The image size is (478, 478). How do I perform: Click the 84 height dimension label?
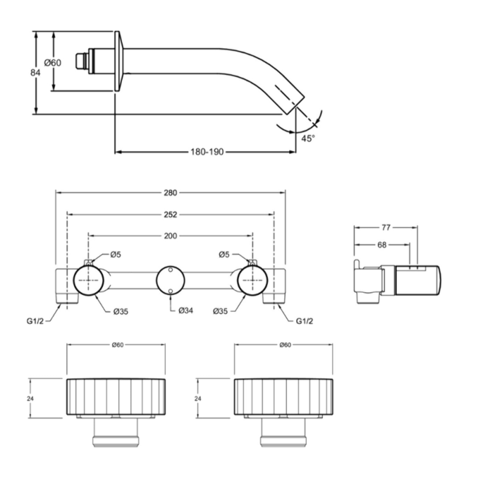(35, 73)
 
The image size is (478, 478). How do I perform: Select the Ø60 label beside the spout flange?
(52, 63)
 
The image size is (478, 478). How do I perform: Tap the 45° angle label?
(308, 138)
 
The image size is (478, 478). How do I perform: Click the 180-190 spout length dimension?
(207, 152)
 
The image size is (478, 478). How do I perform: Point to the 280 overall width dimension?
(170, 193)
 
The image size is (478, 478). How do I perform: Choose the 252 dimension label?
(170, 215)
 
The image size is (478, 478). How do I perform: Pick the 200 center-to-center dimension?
(170, 236)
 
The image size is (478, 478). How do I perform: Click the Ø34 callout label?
(186, 311)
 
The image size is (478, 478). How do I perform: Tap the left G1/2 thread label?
(35, 321)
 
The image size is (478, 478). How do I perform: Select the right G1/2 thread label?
(304, 321)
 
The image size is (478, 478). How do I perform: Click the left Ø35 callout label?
(121, 312)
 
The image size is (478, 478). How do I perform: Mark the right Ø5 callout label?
(224, 255)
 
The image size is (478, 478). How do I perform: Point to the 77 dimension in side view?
(386, 228)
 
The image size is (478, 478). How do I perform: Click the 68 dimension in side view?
(382, 245)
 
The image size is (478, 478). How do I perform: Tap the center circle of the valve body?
(170, 280)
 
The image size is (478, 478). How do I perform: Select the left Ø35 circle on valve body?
(88, 280)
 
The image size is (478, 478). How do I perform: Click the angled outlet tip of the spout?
(295, 104)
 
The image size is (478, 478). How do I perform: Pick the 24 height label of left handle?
(30, 398)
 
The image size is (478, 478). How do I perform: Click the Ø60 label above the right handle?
(285, 345)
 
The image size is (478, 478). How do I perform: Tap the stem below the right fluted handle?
(283, 432)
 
